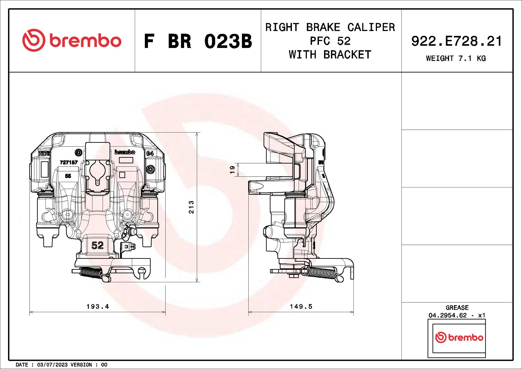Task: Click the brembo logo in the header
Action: tap(72, 40)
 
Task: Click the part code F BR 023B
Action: tap(198, 41)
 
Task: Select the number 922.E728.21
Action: tap(456, 41)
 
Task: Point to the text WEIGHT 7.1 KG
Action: tap(456, 58)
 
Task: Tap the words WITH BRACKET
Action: tap(330, 55)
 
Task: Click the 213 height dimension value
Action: tap(191, 207)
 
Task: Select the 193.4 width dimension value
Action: tap(98, 307)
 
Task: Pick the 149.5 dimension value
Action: tap(301, 307)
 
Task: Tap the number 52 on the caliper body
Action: tap(97, 245)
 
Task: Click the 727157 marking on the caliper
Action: tap(69, 162)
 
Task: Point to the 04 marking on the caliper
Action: tap(150, 153)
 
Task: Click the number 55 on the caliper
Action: tap(68, 176)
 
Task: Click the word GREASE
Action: tap(457, 308)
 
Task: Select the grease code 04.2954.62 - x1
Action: tap(457, 315)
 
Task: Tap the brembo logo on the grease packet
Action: tap(459, 337)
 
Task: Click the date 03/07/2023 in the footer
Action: tap(52, 365)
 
